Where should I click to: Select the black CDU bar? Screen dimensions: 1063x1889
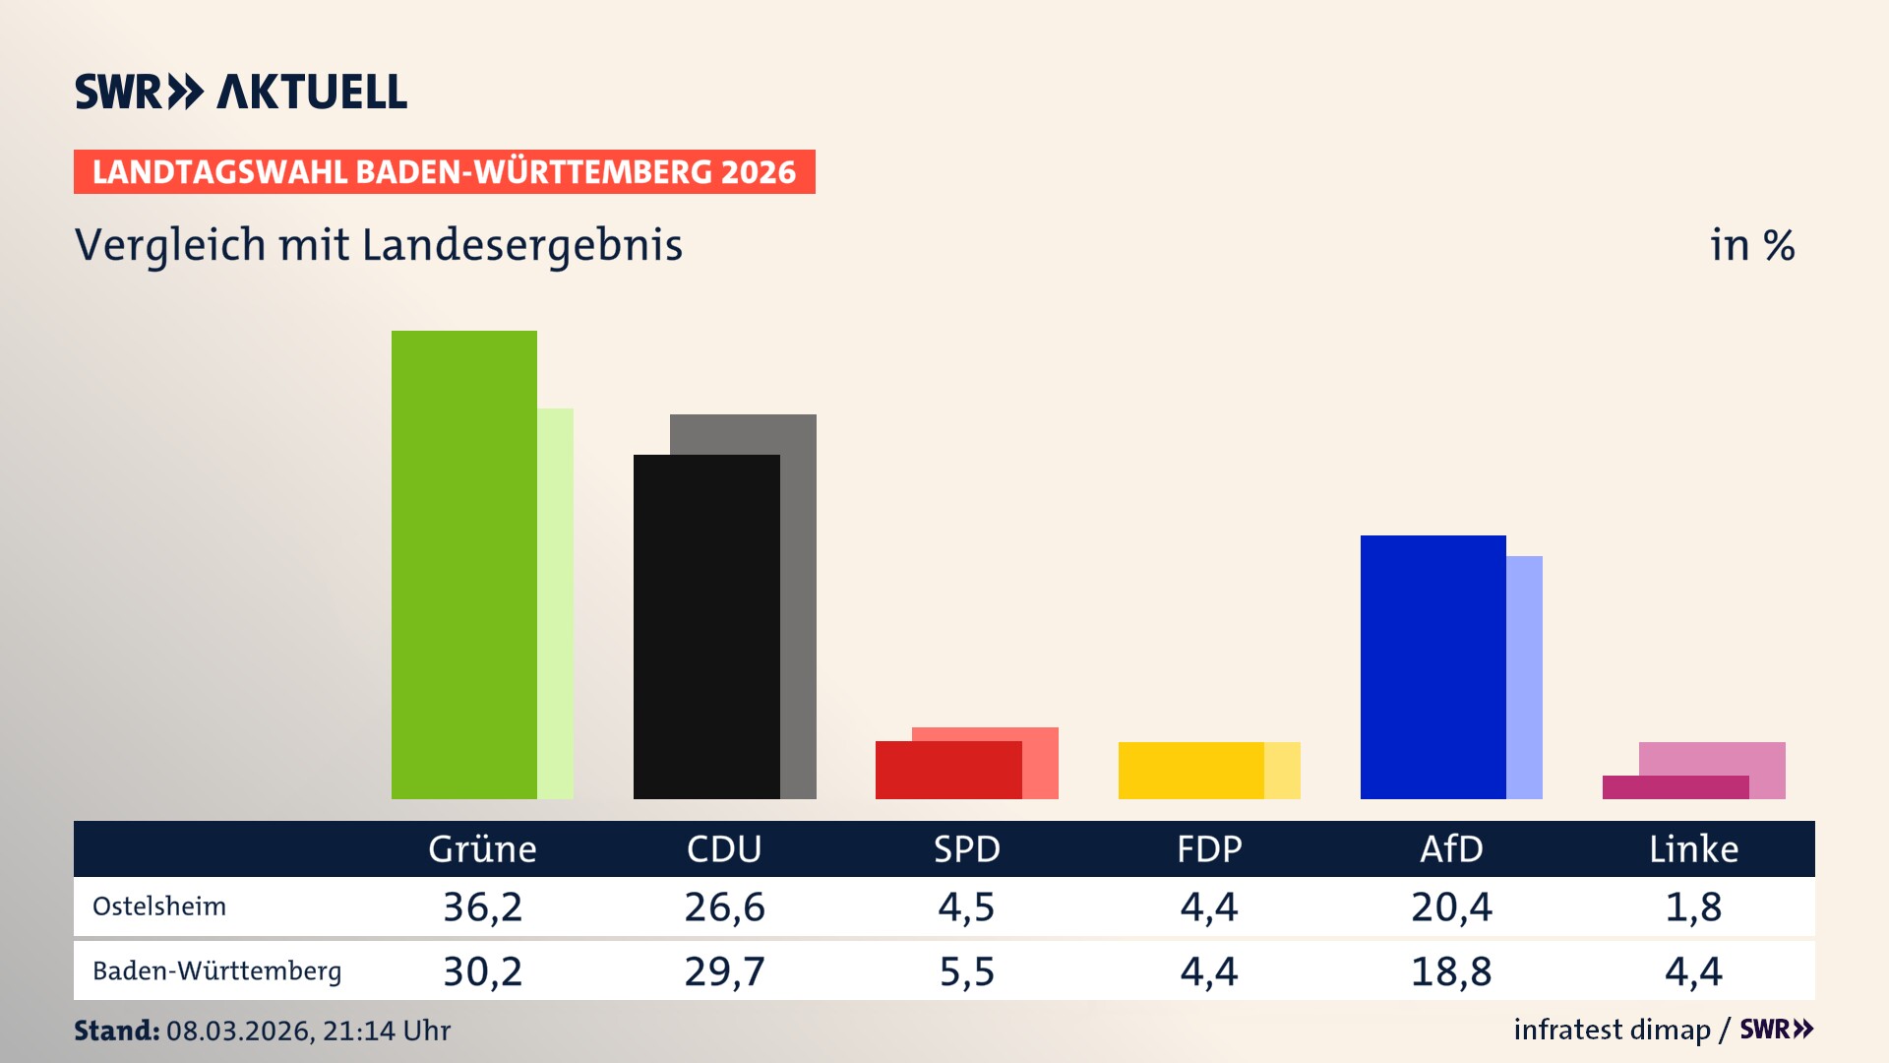pos(706,626)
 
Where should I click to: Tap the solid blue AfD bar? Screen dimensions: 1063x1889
pos(1432,666)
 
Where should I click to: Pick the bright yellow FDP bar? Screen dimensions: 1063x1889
pos(1190,770)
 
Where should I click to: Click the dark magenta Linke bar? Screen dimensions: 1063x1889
pos(1675,787)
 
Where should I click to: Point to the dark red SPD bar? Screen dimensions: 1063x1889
pos(947,770)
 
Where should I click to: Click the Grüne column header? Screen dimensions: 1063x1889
pos(482,848)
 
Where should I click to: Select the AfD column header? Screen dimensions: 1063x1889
pos(1451,848)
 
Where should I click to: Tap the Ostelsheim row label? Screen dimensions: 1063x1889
pos(159,907)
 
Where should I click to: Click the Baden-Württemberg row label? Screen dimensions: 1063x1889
pos(216,971)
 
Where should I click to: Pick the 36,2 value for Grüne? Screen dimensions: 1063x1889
pos(482,907)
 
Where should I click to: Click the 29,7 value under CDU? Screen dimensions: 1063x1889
pos(724,971)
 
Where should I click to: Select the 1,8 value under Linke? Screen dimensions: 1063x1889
pos(1693,907)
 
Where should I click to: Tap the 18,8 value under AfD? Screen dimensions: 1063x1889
pos(1451,971)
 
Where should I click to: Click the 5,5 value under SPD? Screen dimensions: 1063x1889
pos(966,971)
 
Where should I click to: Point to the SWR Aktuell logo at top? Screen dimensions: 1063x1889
pos(241,92)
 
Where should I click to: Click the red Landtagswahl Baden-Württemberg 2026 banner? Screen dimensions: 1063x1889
pos(444,172)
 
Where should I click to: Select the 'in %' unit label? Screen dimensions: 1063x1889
pos(1751,246)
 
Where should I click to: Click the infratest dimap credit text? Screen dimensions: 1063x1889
pos(1612,1030)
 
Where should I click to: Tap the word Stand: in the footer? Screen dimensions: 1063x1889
pos(116,1031)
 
